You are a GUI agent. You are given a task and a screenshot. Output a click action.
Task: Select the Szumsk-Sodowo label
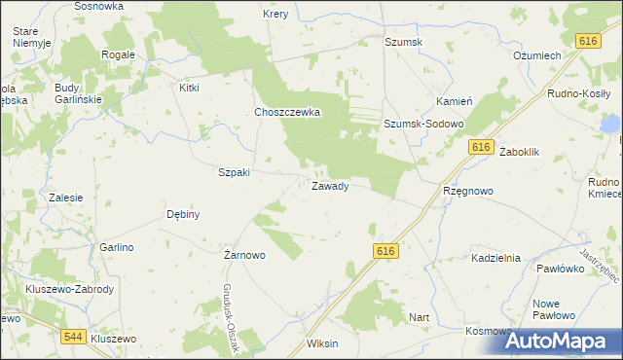click(422, 125)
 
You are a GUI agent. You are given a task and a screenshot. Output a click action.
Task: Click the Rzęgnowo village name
click(467, 192)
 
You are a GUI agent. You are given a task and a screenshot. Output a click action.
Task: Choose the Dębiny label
click(183, 214)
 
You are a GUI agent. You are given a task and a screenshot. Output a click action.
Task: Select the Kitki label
click(189, 88)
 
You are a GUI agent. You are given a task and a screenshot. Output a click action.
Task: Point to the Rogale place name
click(118, 54)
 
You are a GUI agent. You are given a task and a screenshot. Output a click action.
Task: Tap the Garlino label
click(116, 247)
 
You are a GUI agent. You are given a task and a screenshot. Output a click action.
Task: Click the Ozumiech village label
click(536, 55)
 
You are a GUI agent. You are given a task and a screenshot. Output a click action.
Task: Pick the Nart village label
click(420, 317)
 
